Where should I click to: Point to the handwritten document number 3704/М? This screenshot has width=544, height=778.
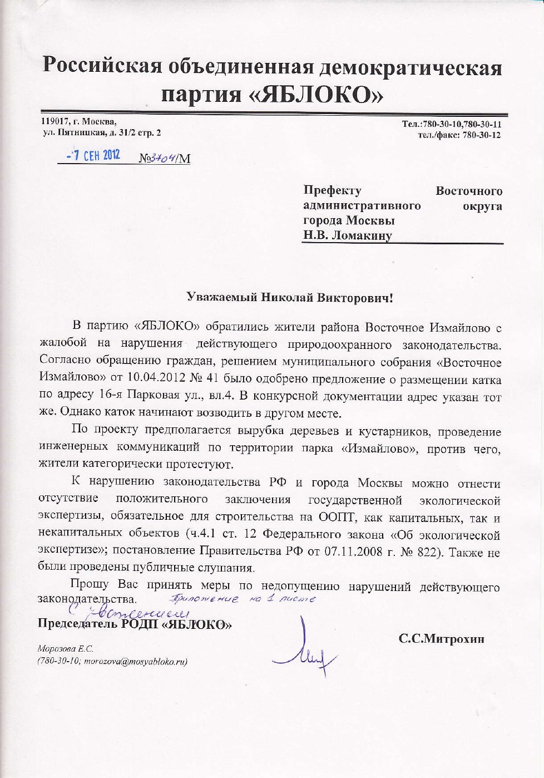[x=165, y=159]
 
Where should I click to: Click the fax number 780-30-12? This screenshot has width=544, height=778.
[x=481, y=135]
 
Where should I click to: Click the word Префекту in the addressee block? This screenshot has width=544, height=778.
[x=332, y=191]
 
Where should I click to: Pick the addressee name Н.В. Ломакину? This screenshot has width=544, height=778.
[x=347, y=235]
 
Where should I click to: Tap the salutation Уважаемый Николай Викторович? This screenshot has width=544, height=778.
[x=289, y=297]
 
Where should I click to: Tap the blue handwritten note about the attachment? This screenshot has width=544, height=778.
[x=243, y=599]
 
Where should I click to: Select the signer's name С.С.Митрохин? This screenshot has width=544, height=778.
[x=441, y=638]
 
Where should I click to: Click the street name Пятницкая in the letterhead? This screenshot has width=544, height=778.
[x=83, y=133]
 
